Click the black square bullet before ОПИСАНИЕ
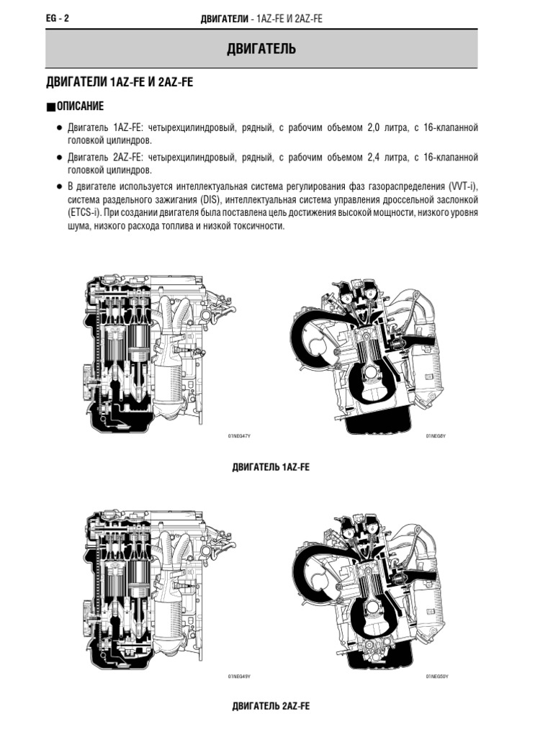50,107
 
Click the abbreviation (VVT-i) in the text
460,185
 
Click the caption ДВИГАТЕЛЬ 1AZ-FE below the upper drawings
271,467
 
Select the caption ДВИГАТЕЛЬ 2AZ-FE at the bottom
271,706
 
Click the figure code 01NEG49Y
239,677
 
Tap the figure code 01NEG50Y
436,677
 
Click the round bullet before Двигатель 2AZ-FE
59,157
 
